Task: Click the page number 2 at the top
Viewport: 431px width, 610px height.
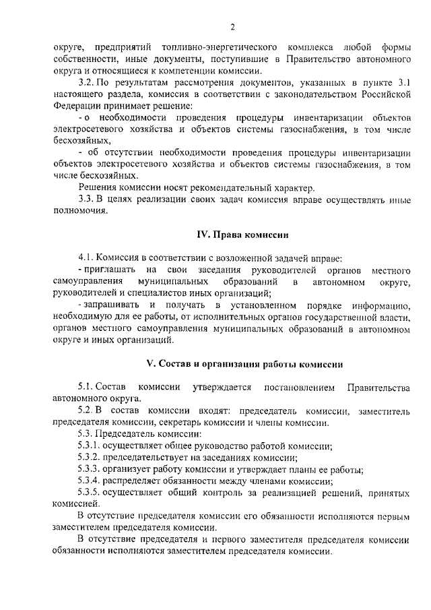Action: click(232, 27)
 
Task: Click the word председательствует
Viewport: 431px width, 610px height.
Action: click(144, 456)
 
